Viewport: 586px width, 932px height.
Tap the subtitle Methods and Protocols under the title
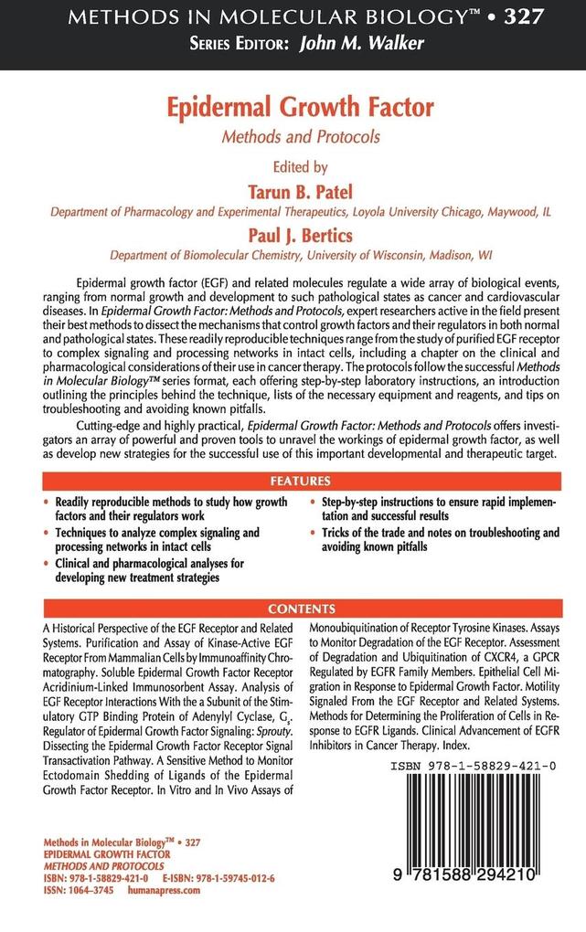(293, 138)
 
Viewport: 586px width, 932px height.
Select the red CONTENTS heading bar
(293, 609)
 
